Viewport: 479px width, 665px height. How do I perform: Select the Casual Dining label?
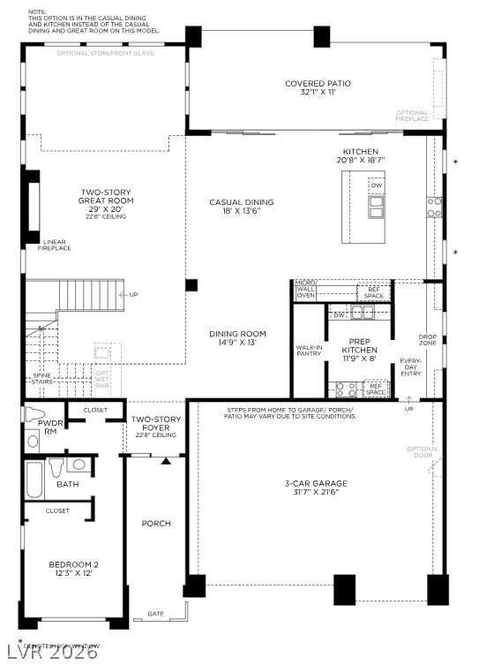tap(236, 206)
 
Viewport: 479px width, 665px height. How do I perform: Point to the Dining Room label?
tap(232, 338)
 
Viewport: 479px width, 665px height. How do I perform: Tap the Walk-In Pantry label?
tap(308, 351)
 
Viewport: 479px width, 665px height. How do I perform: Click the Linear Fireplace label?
tap(56, 245)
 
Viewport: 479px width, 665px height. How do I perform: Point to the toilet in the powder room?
tap(36, 415)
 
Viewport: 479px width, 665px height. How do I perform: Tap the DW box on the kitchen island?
tap(377, 185)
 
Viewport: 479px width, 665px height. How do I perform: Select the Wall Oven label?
tap(306, 291)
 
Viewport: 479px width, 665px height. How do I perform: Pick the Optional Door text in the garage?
tap(423, 452)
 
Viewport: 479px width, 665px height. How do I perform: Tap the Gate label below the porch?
tap(155, 613)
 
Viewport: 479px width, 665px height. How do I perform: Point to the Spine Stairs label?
tap(42, 379)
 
